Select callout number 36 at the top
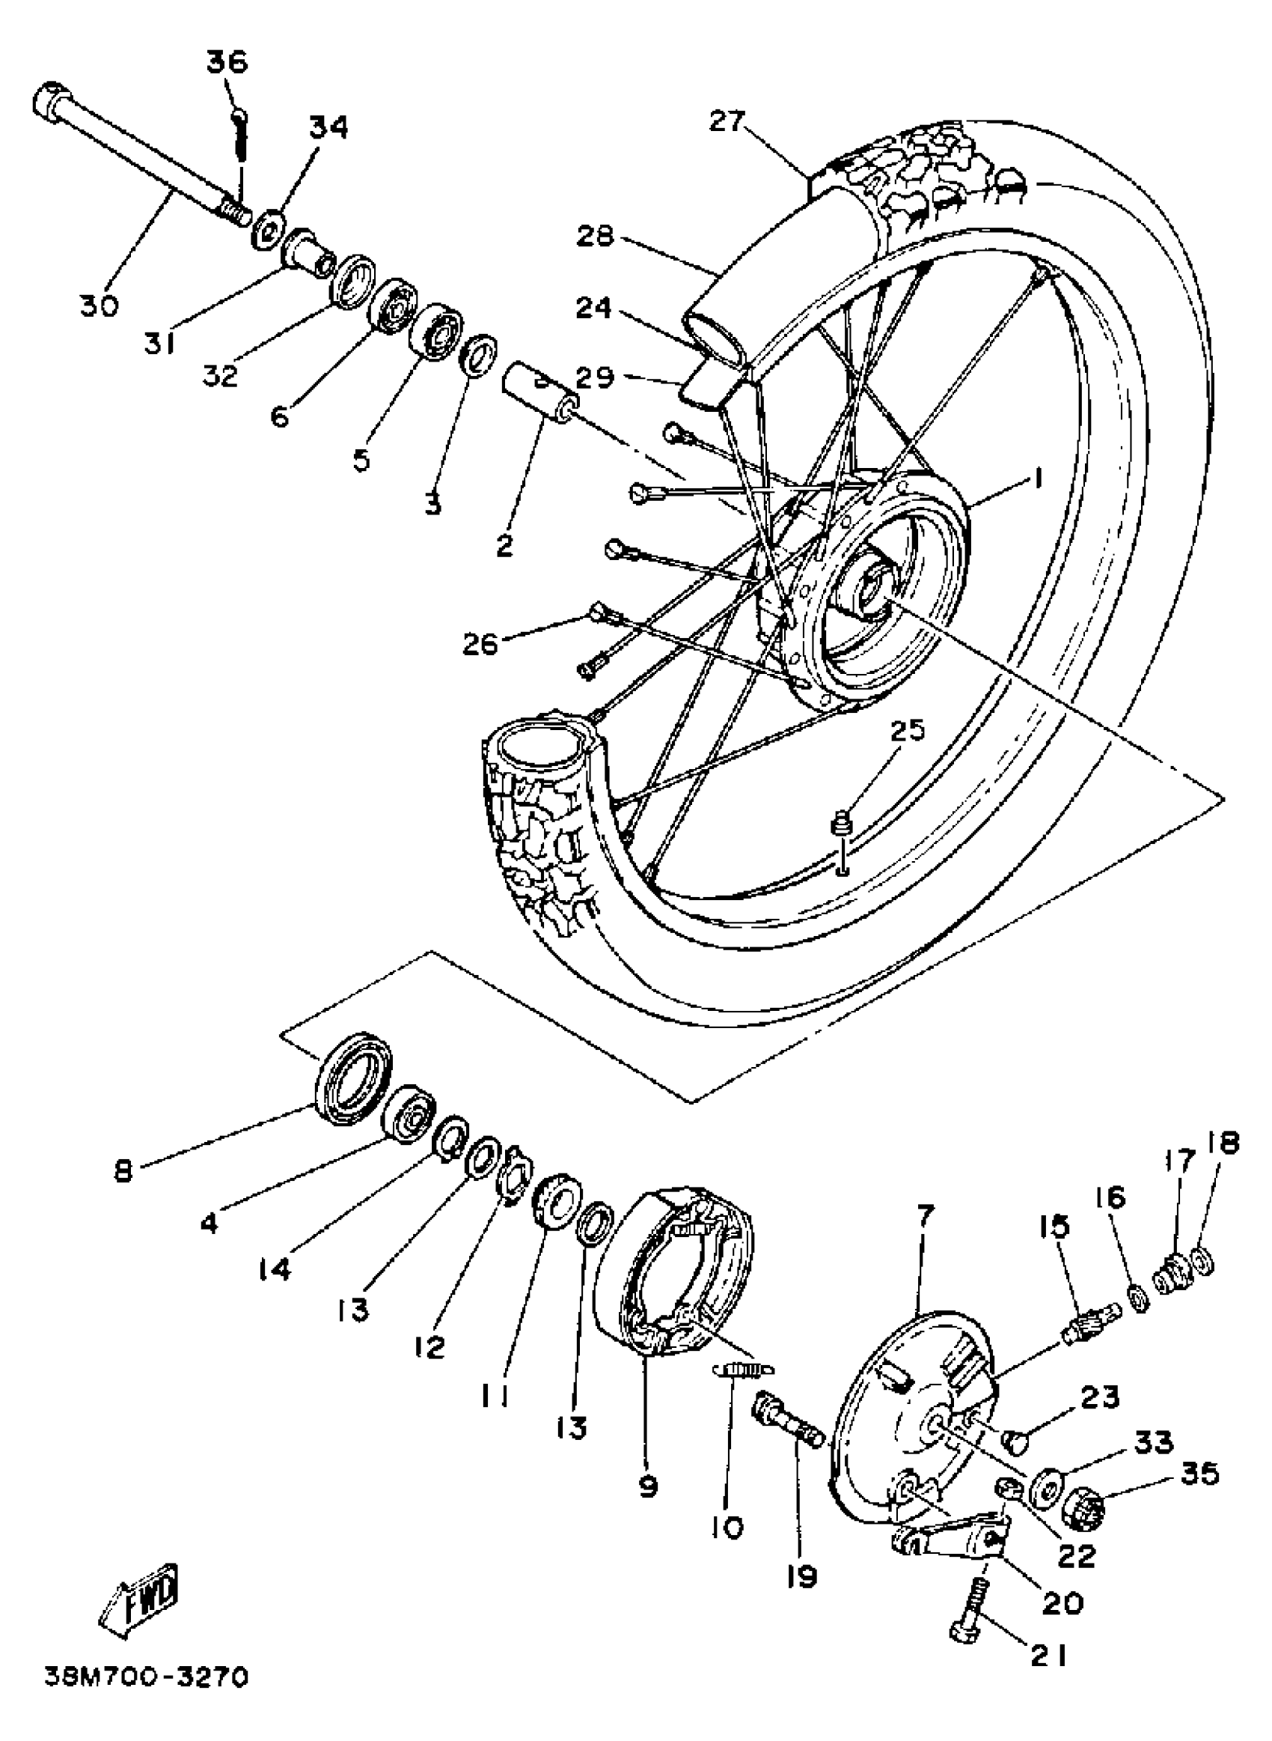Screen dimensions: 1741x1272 pos(228,61)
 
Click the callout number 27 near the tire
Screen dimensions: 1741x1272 pos(728,121)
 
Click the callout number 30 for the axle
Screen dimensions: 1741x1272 pos(100,306)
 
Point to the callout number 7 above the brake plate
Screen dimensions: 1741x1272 pos(925,1216)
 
